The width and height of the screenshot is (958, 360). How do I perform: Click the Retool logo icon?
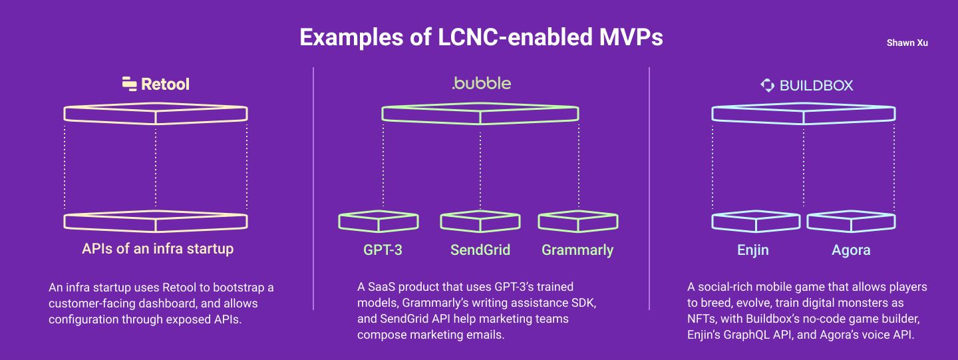(129, 84)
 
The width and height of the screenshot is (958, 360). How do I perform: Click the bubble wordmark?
(482, 83)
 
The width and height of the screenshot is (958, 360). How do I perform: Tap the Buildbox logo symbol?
(767, 86)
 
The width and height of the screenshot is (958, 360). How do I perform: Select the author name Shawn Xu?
(907, 43)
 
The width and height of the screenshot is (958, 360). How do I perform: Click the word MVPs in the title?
(631, 37)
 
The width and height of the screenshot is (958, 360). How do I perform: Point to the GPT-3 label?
(383, 250)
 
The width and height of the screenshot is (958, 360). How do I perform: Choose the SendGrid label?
(480, 250)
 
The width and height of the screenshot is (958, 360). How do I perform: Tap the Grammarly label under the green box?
(577, 250)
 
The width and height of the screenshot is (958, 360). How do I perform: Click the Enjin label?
(752, 250)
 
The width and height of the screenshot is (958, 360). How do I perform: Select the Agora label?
(851, 250)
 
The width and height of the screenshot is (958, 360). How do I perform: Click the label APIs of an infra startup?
(158, 249)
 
